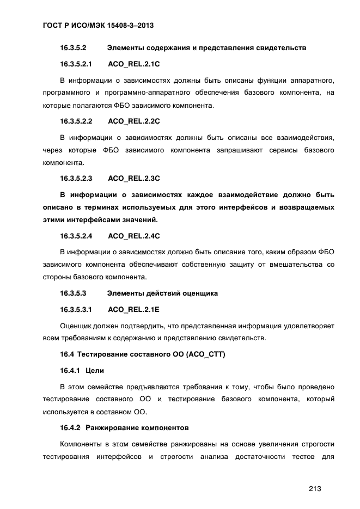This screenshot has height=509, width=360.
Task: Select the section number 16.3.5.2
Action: (74, 48)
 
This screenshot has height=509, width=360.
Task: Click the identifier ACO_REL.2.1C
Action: (133, 64)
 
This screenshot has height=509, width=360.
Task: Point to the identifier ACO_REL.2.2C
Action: (133, 120)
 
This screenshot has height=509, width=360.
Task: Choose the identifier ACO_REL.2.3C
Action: (133, 178)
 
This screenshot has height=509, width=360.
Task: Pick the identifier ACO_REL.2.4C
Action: (133, 236)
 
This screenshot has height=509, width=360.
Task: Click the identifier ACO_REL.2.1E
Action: (133, 309)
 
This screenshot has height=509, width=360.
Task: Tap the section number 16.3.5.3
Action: (74, 293)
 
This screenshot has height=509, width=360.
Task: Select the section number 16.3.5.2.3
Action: (76, 178)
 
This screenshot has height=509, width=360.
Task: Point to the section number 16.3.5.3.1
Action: (76, 309)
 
